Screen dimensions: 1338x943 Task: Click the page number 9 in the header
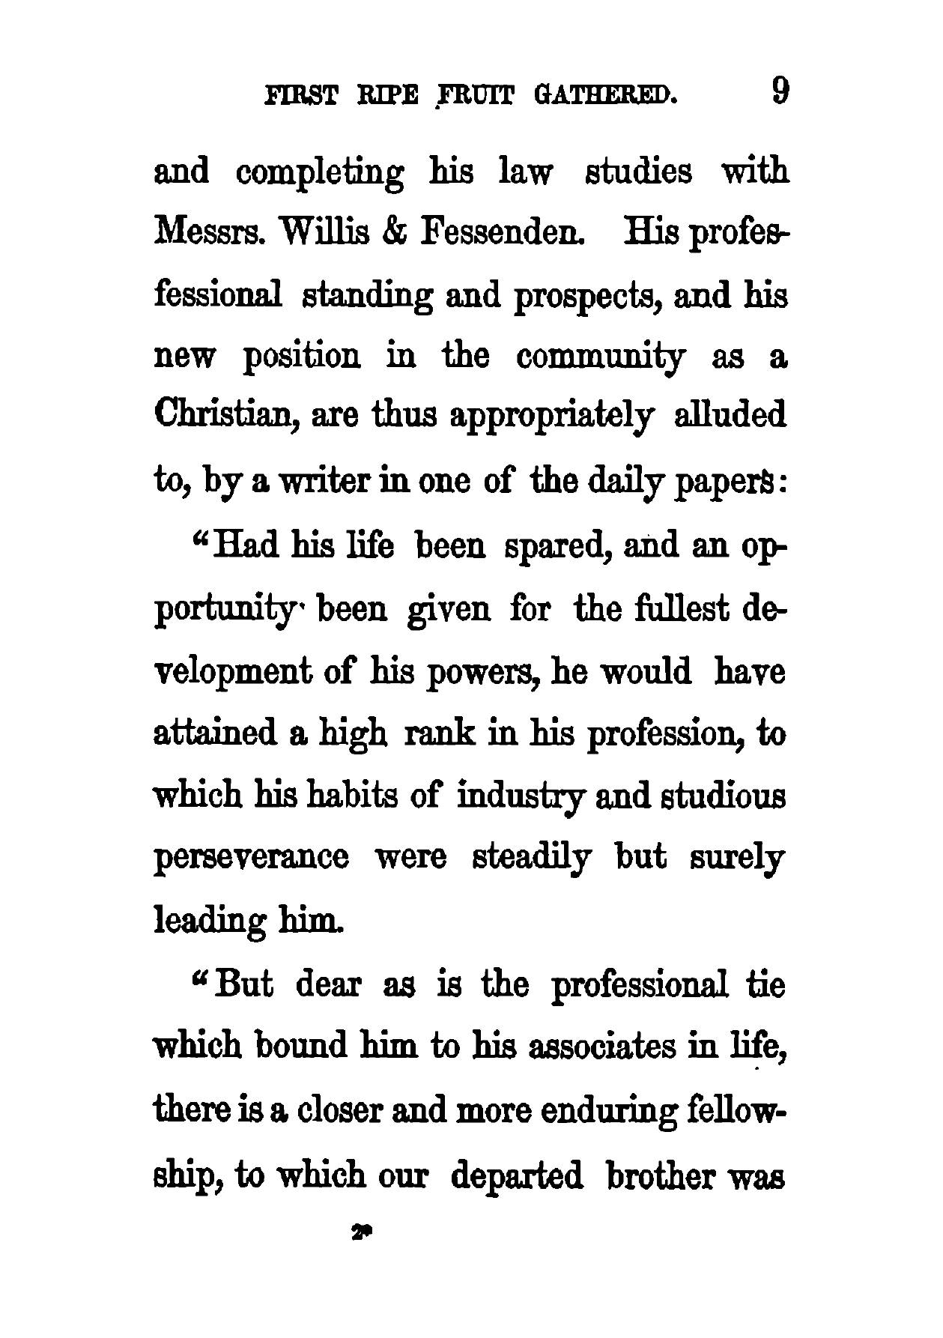[x=779, y=94]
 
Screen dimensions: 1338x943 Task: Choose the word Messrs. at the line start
[x=209, y=234]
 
